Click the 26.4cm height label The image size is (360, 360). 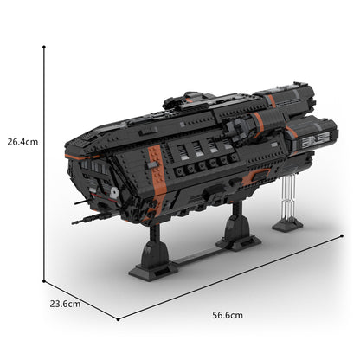point(20,141)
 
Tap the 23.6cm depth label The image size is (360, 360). point(65,304)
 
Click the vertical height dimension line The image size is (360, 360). point(43,164)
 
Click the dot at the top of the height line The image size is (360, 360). point(43,48)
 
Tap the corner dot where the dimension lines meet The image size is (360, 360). point(44,280)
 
